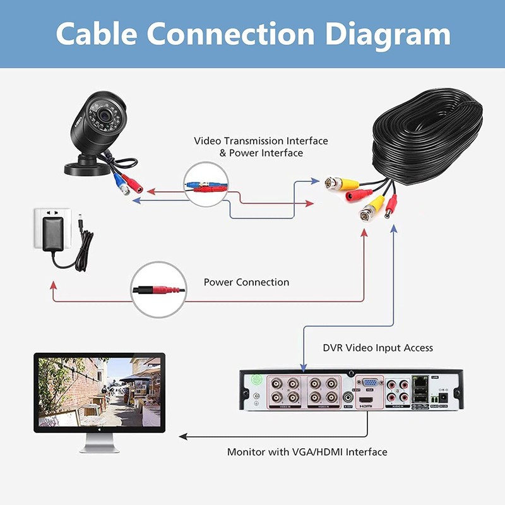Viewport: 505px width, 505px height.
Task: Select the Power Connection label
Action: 246,282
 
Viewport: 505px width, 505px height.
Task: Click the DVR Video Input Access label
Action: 377,347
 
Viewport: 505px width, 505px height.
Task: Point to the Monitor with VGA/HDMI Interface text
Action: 307,452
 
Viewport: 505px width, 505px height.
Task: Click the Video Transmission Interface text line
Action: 261,141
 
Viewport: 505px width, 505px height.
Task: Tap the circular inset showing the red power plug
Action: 158,290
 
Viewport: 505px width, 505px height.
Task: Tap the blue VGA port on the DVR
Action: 368,383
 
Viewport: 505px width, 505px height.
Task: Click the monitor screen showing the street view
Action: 98,392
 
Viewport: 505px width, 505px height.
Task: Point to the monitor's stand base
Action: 100,448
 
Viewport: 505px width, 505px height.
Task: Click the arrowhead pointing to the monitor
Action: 182,436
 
